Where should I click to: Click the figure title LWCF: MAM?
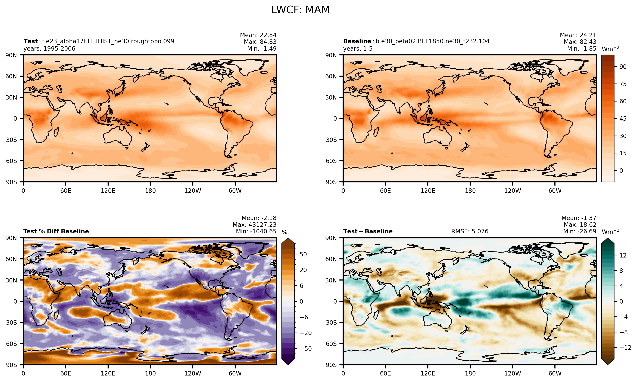[x=301, y=10]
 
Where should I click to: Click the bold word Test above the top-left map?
[x=31, y=41]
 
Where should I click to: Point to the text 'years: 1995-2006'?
[x=49, y=49]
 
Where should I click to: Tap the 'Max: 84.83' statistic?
[x=260, y=42]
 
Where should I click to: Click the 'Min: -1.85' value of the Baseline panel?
[x=582, y=49]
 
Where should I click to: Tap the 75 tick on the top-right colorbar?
[x=623, y=84]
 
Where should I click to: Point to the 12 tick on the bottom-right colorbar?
[x=623, y=255]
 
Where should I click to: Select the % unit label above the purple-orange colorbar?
[x=285, y=232]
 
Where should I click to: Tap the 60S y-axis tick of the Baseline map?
[x=331, y=161]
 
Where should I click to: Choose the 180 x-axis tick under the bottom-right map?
[x=470, y=374]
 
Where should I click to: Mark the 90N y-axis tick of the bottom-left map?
[x=11, y=238]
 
